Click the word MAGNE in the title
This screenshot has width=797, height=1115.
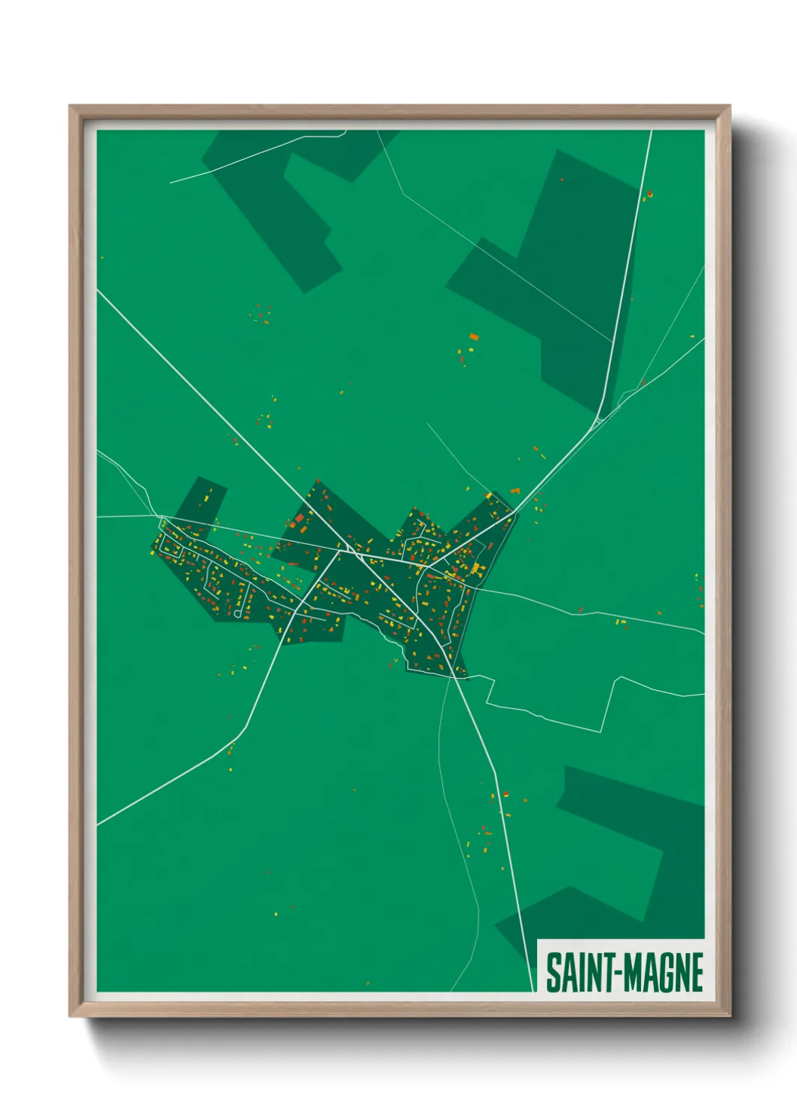663,973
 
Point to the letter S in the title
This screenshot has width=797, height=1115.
553,973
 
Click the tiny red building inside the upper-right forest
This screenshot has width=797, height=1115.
561,179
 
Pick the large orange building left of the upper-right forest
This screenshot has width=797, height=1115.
473,337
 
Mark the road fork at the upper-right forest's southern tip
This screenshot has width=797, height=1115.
600,419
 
